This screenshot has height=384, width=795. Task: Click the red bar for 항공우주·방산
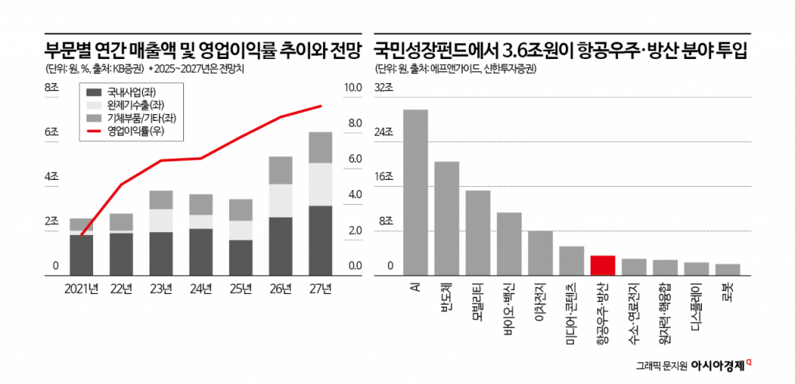click(602, 265)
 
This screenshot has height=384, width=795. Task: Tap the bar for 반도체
click(446, 218)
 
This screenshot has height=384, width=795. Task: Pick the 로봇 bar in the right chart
click(727, 269)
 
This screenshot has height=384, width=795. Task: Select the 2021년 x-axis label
click(81, 289)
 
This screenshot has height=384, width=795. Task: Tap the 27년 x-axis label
click(321, 289)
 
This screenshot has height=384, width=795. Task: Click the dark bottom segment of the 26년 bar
click(280, 246)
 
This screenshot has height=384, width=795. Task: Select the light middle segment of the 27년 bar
click(321, 184)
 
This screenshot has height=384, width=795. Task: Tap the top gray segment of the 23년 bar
click(161, 199)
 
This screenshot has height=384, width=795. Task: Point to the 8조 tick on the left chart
click(52, 88)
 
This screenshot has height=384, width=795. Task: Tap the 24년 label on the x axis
click(200, 289)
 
